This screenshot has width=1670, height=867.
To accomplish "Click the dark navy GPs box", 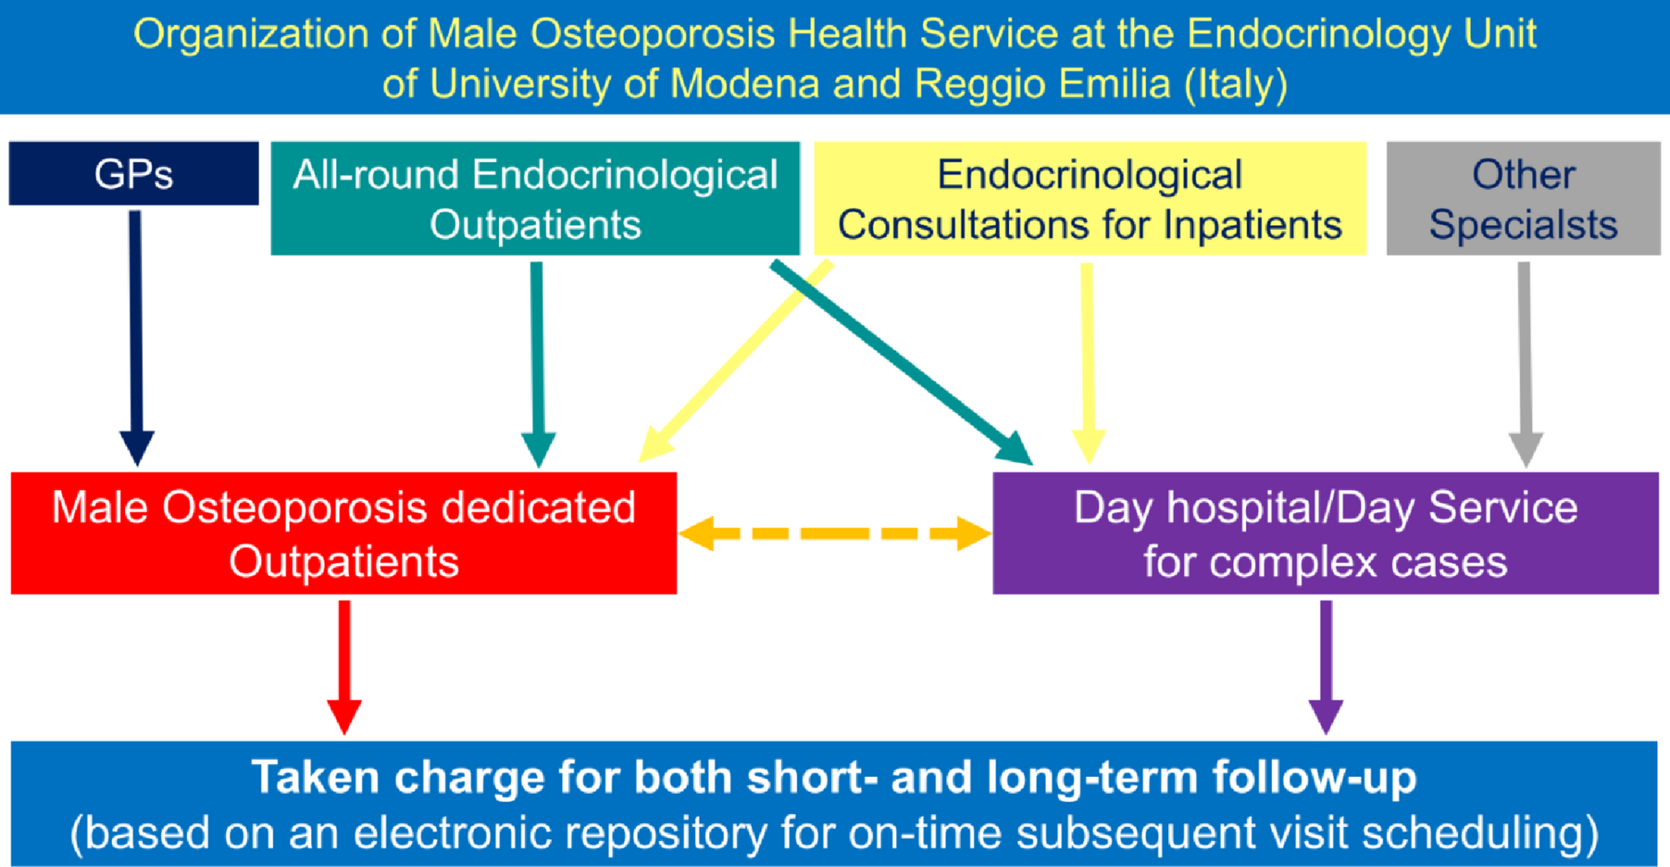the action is pyautogui.click(x=134, y=173).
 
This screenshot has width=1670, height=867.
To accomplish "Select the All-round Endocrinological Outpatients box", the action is pyautogui.click(x=535, y=198).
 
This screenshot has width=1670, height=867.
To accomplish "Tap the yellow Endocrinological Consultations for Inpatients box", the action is pyautogui.click(x=1090, y=198).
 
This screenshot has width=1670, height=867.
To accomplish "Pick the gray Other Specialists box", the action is pyautogui.click(x=1523, y=198).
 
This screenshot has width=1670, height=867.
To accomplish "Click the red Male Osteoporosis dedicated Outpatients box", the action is pyautogui.click(x=344, y=533).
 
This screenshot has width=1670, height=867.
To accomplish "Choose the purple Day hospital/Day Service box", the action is pyautogui.click(x=1326, y=533).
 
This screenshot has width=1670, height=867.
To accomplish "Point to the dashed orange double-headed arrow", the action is pyautogui.click(x=835, y=533).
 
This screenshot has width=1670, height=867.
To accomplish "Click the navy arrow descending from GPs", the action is pyautogui.click(x=136, y=337).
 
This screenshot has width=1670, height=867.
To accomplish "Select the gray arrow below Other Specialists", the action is pyautogui.click(x=1525, y=364).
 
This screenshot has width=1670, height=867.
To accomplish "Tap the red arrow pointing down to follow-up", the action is pyautogui.click(x=344, y=667).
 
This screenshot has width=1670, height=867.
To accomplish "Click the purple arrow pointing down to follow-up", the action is pyautogui.click(x=1326, y=667).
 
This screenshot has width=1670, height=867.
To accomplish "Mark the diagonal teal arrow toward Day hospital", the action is pyautogui.click(x=902, y=362).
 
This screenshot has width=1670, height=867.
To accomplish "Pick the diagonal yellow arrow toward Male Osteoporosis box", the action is pyautogui.click(x=736, y=361).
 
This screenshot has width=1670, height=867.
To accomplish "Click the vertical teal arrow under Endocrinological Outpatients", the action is pyautogui.click(x=538, y=364).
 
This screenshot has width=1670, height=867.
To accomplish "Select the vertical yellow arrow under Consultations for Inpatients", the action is pyautogui.click(x=1088, y=363).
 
